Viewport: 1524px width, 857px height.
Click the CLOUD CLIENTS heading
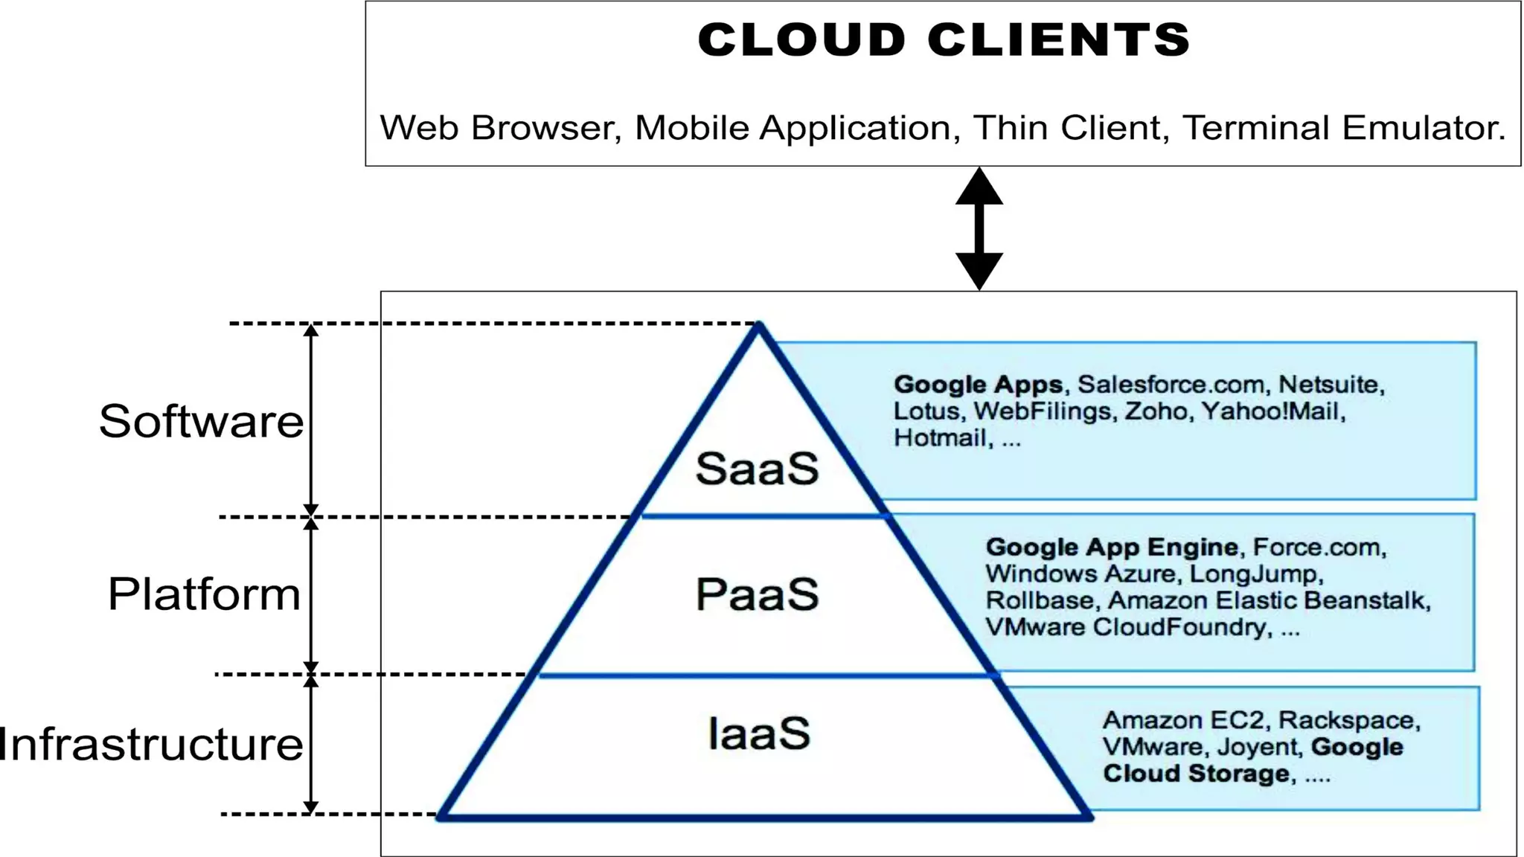pos(944,39)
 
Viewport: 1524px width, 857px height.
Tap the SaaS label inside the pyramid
pos(757,469)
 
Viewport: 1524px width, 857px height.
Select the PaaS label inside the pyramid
pos(757,594)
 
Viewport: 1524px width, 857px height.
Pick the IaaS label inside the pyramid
pos(758,734)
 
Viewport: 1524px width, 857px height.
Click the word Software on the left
pos(201,421)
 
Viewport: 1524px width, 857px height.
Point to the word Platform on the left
pos(204,594)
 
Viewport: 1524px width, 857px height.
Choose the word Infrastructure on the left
pos(151,744)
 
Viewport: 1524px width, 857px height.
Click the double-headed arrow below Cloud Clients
pos(979,228)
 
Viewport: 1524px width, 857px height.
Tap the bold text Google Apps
pos(978,385)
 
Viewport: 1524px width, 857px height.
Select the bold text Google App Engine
pos(1112,548)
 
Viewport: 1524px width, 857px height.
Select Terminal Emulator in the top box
pos(1343,128)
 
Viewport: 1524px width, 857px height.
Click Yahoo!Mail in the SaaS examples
pos(1272,411)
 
